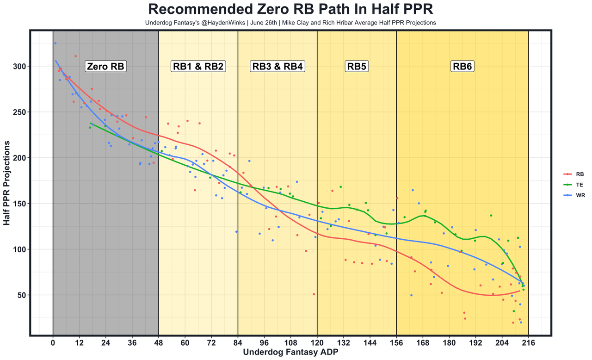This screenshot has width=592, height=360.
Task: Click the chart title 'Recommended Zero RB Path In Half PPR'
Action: [x=290, y=10]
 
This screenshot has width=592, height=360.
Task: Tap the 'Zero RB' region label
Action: [x=106, y=67]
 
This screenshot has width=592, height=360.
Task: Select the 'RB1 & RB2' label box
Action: [x=198, y=67]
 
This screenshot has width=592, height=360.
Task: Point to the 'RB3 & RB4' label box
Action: [x=277, y=67]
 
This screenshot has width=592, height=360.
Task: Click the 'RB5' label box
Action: [x=357, y=67]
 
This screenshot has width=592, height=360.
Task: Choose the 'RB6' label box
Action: [x=462, y=67]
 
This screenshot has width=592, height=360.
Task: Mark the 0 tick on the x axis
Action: [x=53, y=344]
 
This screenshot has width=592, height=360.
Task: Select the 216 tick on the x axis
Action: [x=529, y=344]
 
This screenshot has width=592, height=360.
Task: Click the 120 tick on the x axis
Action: [x=317, y=344]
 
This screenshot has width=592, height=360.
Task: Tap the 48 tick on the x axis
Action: [x=159, y=344]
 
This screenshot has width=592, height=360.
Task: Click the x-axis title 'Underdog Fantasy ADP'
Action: [x=290, y=353]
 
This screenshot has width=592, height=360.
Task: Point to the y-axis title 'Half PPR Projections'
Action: [x=6, y=184]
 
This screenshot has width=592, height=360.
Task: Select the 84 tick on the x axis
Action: [x=238, y=344]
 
